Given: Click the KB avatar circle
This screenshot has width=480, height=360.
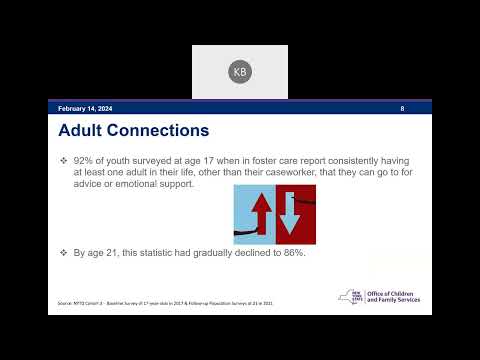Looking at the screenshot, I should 239,72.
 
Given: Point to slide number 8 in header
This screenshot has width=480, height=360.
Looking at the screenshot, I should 402,107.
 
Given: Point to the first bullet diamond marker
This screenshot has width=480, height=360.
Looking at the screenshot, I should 63,160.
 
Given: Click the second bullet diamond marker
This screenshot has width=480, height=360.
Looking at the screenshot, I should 63,252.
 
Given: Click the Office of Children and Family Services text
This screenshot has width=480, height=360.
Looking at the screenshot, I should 392,297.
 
